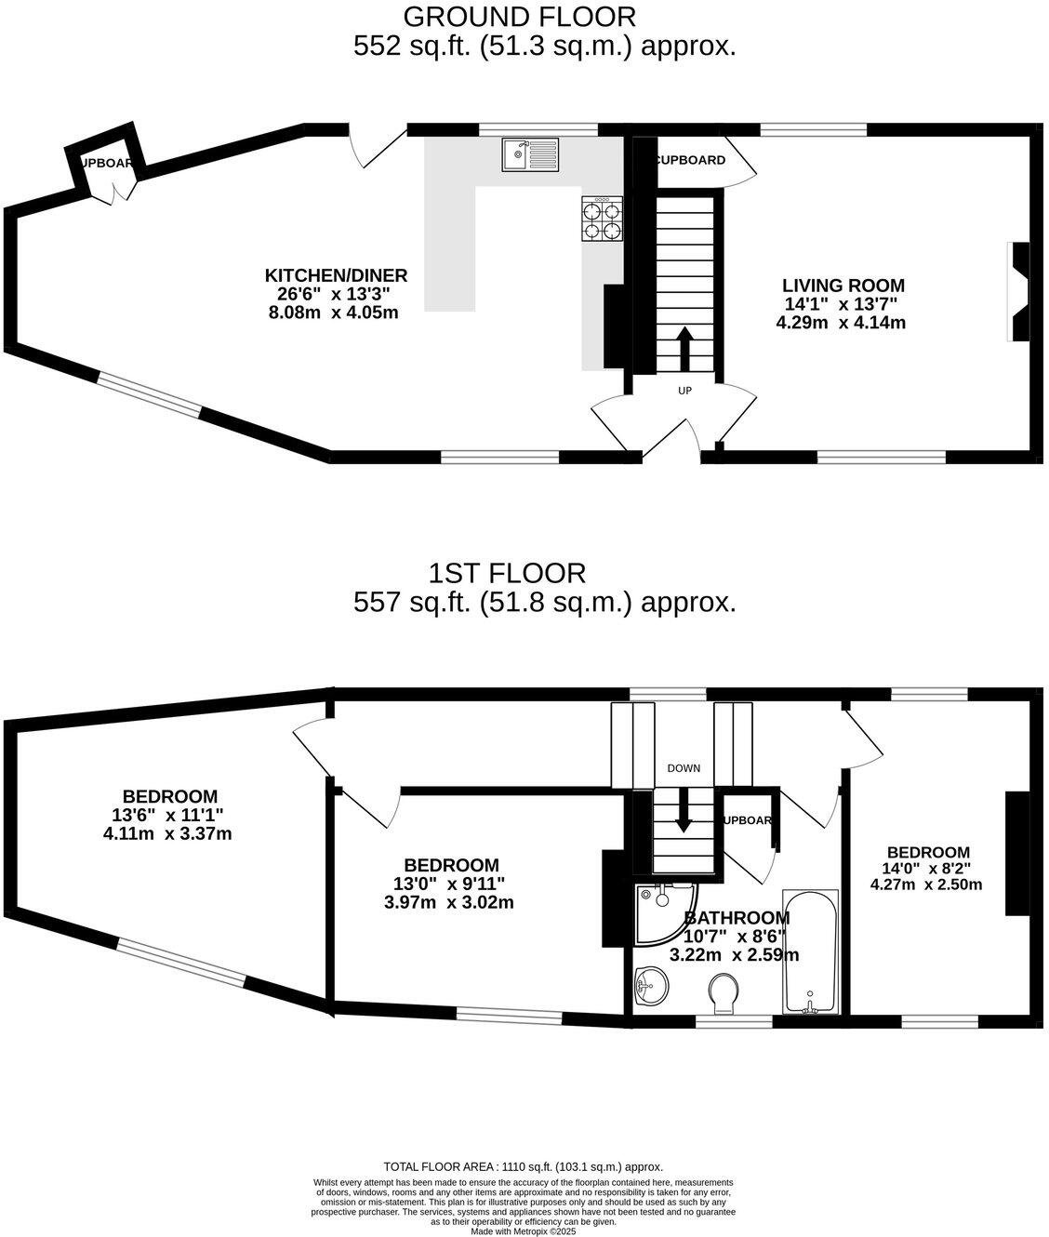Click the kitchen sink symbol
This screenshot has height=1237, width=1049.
[529, 154]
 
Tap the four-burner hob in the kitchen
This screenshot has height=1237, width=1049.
[602, 219]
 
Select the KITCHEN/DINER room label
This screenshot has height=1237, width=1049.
[336, 276]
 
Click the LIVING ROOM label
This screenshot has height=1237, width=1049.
[843, 286]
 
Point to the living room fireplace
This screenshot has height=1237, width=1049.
[1019, 292]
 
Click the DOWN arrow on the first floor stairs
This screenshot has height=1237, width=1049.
[684, 809]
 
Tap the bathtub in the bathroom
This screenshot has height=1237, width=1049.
[811, 952]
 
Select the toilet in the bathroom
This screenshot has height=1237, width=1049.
[722, 993]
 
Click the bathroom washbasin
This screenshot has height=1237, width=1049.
[651, 986]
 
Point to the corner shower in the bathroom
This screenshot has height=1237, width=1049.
[664, 910]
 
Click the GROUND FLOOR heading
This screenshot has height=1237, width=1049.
[520, 17]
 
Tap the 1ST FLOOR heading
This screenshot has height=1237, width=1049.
[507, 572]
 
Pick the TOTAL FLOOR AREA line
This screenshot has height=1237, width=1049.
[523, 1166]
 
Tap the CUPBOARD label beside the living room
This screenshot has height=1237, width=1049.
[691, 160]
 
